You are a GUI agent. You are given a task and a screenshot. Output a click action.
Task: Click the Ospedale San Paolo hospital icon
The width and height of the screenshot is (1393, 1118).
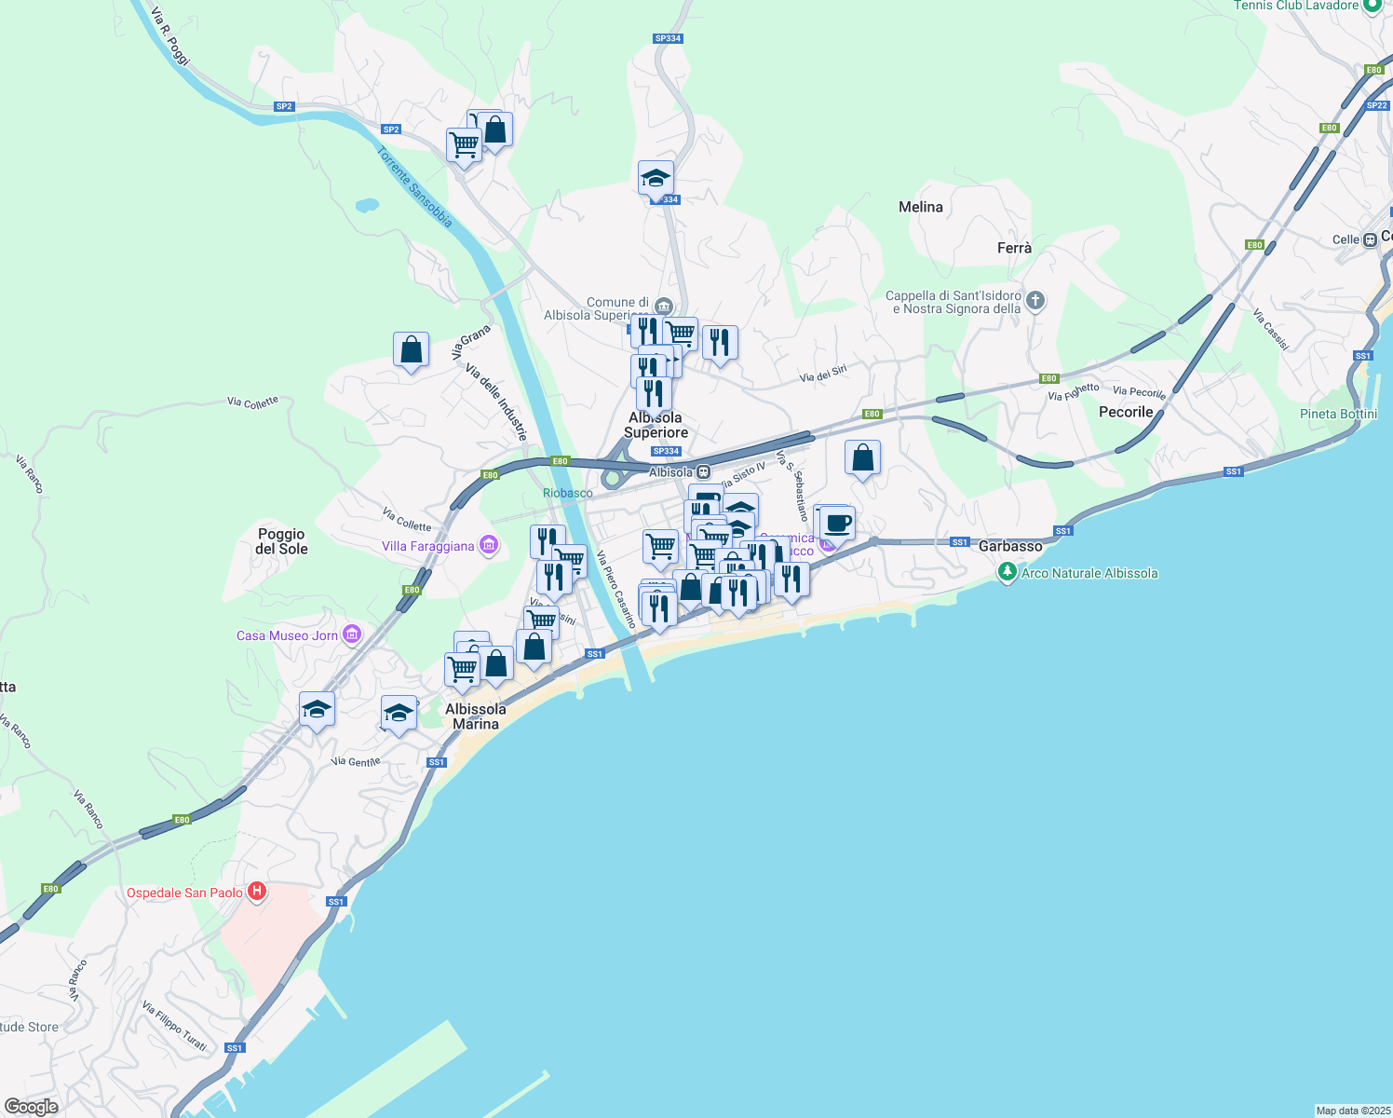[257, 892]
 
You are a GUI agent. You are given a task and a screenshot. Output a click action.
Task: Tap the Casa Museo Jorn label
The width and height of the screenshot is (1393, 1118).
[287, 635]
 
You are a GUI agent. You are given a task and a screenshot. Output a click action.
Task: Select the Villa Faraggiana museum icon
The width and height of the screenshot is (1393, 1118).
[489, 546]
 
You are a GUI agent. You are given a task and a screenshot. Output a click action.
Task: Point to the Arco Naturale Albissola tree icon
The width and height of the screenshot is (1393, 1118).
[1007, 573]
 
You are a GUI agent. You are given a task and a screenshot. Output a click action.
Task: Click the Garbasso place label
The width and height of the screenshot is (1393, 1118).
[1010, 546]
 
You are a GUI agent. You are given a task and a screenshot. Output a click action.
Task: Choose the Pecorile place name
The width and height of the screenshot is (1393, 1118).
[1126, 412]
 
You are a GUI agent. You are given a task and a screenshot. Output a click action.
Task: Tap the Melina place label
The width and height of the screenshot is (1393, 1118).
[921, 207]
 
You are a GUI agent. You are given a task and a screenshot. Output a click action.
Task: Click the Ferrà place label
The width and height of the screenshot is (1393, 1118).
[1014, 248]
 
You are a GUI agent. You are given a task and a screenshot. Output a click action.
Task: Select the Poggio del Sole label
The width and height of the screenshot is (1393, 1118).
[282, 541]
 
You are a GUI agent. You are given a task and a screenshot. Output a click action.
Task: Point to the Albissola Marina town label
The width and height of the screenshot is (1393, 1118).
[476, 716]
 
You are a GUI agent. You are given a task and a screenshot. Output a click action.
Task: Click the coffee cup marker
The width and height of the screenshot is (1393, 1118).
[838, 524]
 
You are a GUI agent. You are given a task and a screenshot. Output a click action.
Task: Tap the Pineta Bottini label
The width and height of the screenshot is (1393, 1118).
[1338, 414]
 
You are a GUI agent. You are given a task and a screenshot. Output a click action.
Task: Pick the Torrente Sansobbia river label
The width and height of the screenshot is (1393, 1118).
[415, 187]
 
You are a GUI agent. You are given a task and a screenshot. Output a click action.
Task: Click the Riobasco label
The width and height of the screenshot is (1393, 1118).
[568, 493]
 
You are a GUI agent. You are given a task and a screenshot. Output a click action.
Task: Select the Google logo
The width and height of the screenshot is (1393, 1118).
[31, 1107]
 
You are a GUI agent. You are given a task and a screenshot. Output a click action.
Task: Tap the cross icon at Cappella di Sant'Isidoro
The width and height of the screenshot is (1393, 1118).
[1035, 301]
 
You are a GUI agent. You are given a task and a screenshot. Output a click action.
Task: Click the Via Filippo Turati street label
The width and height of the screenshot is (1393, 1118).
[174, 1027]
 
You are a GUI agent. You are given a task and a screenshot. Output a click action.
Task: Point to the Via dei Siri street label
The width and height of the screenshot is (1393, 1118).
[823, 375]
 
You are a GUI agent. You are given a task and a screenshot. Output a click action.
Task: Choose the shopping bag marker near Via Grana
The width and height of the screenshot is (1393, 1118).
[412, 350]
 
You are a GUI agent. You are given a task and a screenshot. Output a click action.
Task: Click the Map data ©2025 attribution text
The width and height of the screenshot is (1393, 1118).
[1352, 1111]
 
